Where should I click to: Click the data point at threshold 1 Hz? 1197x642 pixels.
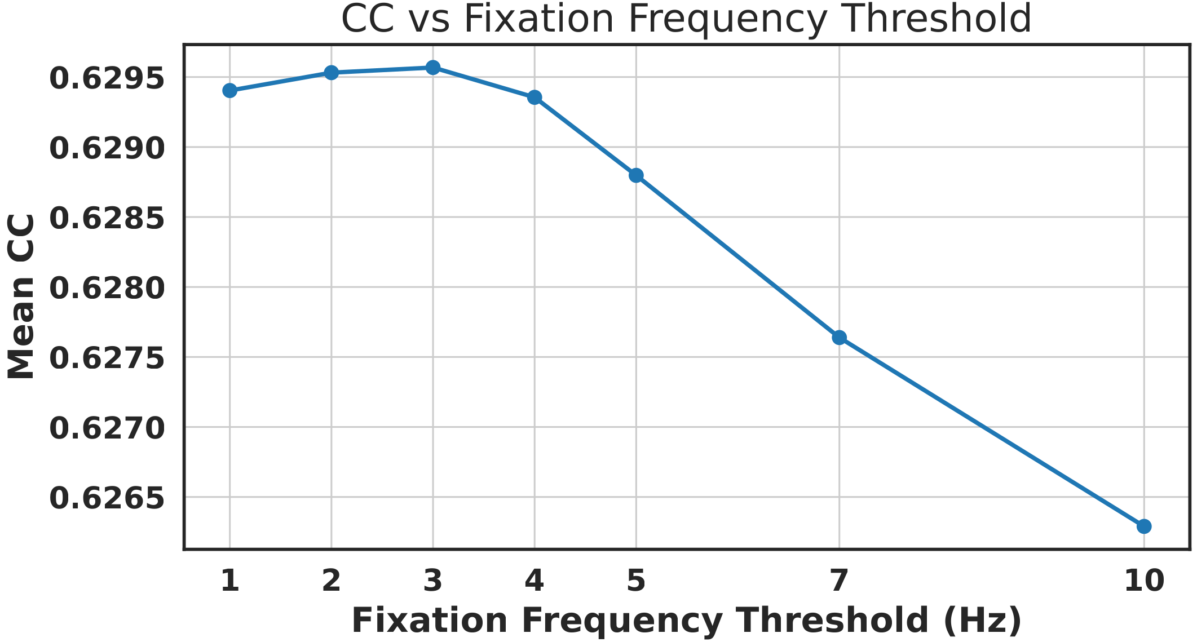[x=229, y=91]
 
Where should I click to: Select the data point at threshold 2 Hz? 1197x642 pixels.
[x=332, y=73]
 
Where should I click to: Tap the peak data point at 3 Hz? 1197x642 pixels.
[x=433, y=68]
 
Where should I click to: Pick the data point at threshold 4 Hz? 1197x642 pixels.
[x=535, y=98]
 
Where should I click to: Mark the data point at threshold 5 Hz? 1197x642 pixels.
[x=636, y=175]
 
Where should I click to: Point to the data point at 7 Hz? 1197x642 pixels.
[x=839, y=338]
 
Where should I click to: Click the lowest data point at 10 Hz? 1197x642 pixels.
[x=1144, y=526]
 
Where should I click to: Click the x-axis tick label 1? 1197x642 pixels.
[x=229, y=581]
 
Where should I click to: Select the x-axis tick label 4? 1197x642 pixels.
[x=535, y=581]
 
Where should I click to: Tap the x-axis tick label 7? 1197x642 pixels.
[x=839, y=581]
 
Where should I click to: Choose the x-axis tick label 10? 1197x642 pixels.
[x=1144, y=581]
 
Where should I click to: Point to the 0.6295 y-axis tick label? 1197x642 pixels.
[x=107, y=78]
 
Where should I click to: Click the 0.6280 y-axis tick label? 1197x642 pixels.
[x=107, y=289]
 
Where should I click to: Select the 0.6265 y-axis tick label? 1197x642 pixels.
[x=107, y=498]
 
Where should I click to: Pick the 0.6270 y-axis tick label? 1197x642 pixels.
[x=107, y=428]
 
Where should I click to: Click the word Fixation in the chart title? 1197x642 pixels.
[x=538, y=19]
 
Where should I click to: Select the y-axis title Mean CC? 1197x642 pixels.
[x=21, y=296]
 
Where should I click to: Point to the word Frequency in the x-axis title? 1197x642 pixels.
[x=622, y=621]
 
